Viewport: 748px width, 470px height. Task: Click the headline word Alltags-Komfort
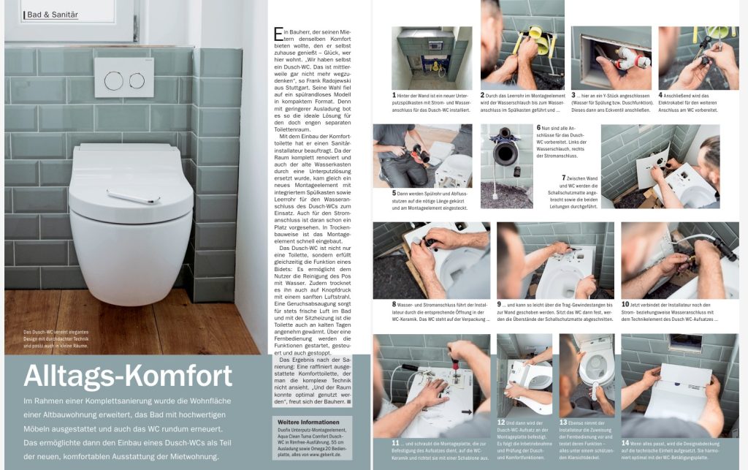pos(128,376)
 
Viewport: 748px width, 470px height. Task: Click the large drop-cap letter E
pos(278,34)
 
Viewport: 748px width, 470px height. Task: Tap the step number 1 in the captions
pos(394,95)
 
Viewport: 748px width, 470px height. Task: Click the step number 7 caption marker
pos(564,178)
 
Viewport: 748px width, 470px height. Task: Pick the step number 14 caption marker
pos(625,443)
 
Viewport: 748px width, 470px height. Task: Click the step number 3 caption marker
pos(575,95)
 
